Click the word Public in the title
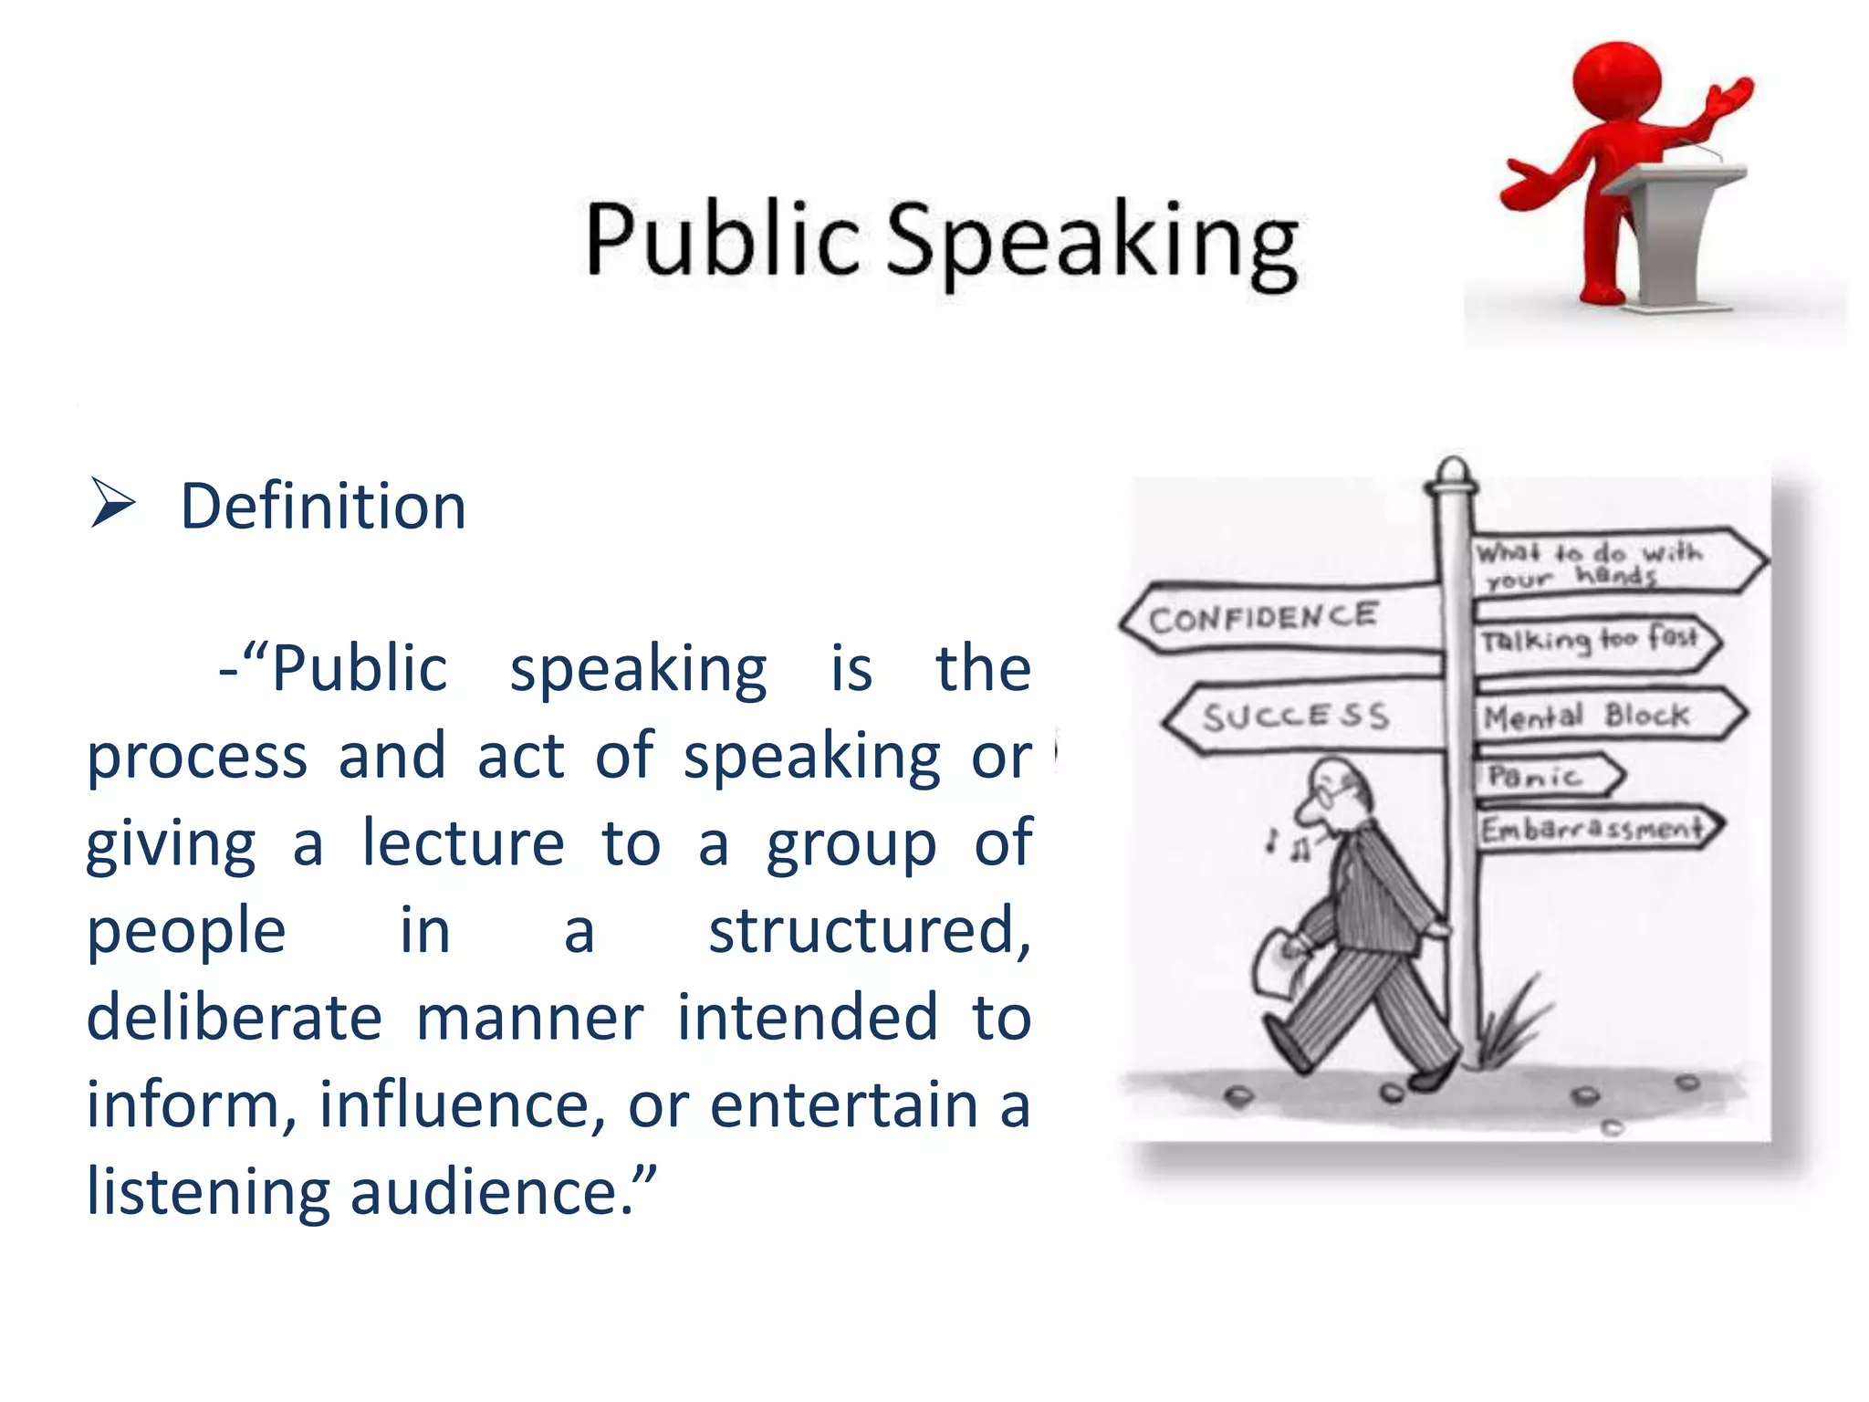point(721,239)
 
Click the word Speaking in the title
point(1091,243)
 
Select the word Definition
point(323,507)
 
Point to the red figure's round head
point(1615,80)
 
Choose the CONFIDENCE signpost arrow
point(1278,618)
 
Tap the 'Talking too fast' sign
point(1592,641)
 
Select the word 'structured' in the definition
point(869,931)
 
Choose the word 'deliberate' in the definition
point(234,1018)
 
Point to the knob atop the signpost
point(1452,472)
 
